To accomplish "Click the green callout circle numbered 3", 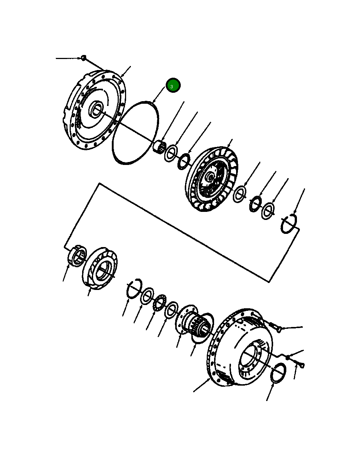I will [173, 86].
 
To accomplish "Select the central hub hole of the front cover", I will [97, 109].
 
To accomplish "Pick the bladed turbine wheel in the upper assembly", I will [211, 179].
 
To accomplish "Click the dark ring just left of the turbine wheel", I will [184, 161].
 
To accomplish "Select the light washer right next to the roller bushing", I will [171, 153].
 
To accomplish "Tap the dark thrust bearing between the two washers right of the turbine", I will [255, 203].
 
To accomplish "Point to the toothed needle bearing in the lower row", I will [159, 304].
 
